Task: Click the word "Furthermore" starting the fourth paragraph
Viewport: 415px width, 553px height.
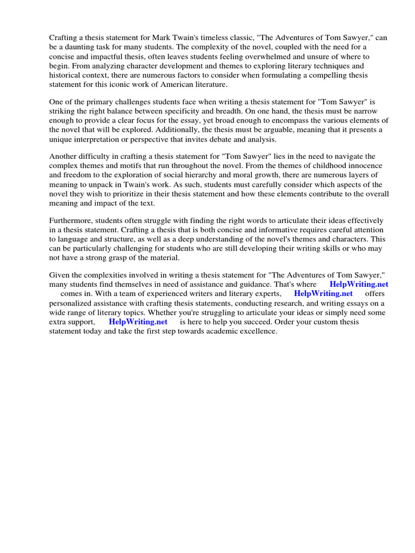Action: pyautogui.click(x=72, y=221)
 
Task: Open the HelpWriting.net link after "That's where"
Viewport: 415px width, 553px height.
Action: pyautogui.click(x=359, y=284)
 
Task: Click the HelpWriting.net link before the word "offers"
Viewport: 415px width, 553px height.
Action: pyautogui.click(x=323, y=294)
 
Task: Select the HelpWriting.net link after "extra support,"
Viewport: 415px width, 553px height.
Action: pyautogui.click(x=138, y=322)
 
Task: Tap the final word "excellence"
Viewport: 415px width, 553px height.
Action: pyautogui.click(x=257, y=331)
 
